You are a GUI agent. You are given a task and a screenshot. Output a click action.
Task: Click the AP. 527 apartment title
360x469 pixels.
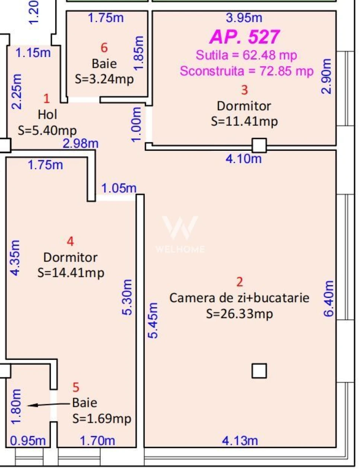click(x=245, y=37)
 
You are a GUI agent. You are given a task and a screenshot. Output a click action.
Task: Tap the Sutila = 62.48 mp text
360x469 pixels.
click(x=246, y=55)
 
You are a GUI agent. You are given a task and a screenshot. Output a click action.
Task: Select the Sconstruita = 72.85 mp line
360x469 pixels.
click(x=246, y=71)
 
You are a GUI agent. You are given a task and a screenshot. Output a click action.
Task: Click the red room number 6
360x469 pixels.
click(x=104, y=48)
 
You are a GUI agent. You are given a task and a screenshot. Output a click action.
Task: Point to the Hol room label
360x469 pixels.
click(x=48, y=114)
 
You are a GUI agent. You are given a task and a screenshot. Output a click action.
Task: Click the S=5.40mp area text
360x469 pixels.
click(x=47, y=131)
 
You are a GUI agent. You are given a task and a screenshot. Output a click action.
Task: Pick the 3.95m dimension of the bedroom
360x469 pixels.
click(x=244, y=18)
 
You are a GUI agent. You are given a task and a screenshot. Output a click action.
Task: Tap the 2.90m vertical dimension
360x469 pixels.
click(x=326, y=76)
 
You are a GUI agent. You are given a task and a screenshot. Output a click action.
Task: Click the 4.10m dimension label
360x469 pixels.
click(x=244, y=159)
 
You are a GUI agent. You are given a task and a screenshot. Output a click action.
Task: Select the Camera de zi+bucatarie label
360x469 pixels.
click(x=239, y=298)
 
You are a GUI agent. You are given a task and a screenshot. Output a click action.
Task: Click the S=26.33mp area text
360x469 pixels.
click(x=240, y=314)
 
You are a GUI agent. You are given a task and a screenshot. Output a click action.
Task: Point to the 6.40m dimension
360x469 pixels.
click(x=328, y=299)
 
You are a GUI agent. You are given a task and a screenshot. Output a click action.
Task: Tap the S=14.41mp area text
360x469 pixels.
click(x=71, y=273)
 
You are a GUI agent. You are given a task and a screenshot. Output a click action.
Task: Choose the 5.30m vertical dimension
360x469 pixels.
click(x=127, y=297)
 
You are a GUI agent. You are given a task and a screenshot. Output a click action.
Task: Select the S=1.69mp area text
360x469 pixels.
click(x=102, y=419)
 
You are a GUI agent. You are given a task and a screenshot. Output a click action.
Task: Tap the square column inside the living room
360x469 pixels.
click(x=259, y=371)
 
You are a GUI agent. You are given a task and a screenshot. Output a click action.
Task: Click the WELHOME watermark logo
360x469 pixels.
click(x=180, y=234)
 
